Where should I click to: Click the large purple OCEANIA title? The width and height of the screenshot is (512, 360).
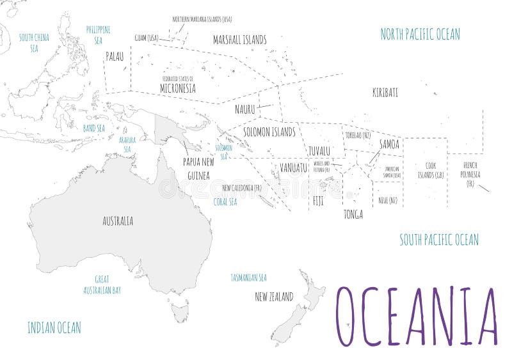(417, 317)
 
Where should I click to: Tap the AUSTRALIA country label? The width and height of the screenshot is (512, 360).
(118, 221)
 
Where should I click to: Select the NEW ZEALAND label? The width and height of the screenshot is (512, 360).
(274, 297)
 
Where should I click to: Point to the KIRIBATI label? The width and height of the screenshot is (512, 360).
(385, 93)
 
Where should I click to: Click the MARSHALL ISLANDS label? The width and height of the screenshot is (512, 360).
(239, 40)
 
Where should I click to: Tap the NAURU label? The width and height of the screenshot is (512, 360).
(245, 109)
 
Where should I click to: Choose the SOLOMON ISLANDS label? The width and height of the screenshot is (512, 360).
(269, 132)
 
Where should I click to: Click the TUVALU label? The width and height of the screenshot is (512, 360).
(319, 151)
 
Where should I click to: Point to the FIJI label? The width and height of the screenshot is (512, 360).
(318, 200)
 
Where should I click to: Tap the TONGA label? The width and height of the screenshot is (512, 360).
(353, 214)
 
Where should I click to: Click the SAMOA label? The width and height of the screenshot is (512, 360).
(389, 145)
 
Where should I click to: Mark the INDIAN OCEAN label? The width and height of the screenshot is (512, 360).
(54, 328)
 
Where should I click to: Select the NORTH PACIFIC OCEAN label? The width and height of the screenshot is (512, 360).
(420, 34)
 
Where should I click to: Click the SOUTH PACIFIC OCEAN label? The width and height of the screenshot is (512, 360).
(439, 240)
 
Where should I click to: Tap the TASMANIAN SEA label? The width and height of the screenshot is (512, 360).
(248, 278)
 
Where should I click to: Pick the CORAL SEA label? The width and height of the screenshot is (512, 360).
(225, 201)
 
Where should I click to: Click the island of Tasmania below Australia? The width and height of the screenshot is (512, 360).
(180, 312)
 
